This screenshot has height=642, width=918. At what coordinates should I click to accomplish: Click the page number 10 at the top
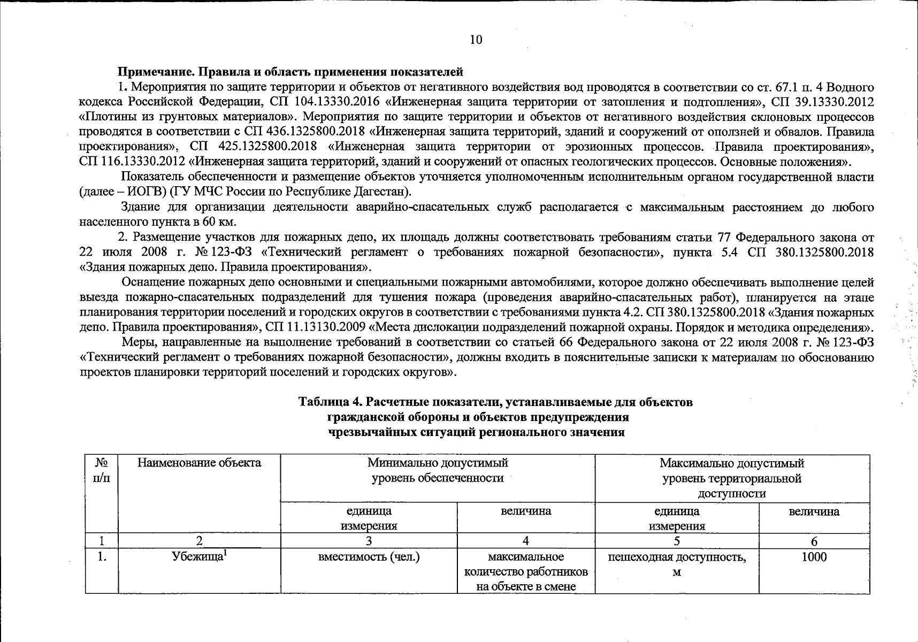476,40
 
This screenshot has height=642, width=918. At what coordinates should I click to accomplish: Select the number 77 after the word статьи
739,237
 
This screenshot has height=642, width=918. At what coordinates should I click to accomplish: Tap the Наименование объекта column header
199,463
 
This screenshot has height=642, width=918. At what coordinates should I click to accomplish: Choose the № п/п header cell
101,470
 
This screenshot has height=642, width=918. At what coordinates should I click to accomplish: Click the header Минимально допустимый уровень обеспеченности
437,470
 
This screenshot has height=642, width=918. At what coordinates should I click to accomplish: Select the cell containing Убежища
199,557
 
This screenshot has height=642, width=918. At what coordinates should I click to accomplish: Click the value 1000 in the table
814,557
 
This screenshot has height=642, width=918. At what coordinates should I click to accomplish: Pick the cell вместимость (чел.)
369,557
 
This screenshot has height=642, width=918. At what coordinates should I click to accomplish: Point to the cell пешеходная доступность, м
677,564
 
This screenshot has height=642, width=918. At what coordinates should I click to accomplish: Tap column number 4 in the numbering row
525,541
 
